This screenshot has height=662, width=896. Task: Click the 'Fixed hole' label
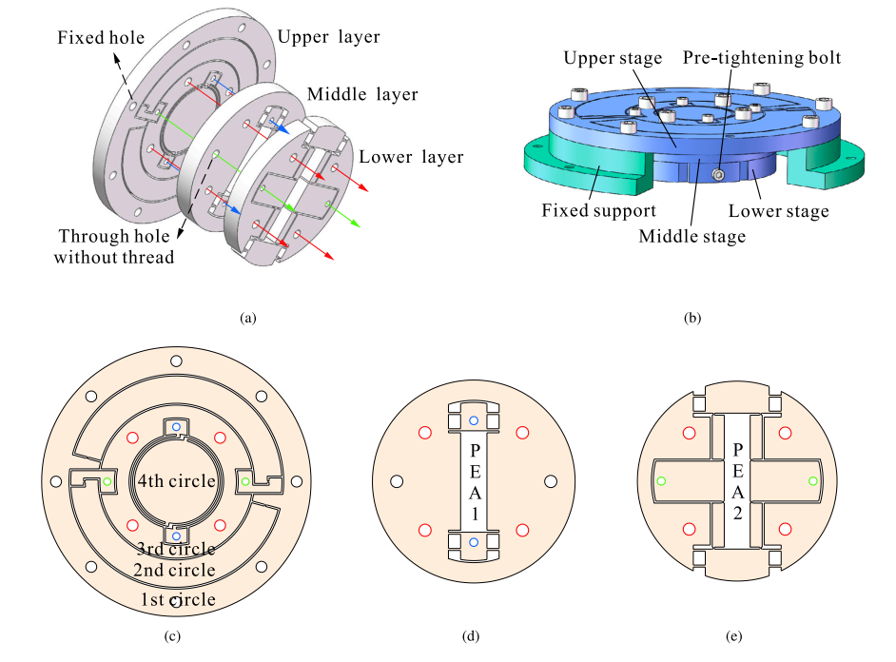[101, 38]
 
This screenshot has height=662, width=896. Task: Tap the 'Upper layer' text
[328, 37]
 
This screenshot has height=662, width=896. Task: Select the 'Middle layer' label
[361, 95]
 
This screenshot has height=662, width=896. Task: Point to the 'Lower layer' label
[411, 157]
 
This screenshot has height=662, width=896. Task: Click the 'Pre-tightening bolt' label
[762, 57]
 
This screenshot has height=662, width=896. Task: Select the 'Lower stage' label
[778, 211]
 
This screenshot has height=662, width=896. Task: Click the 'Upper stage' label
[613, 58]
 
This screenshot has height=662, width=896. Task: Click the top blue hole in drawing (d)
[474, 420]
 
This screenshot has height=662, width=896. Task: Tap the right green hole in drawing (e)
[811, 481]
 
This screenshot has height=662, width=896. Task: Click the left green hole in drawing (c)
[107, 482]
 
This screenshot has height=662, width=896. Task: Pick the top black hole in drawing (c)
[176, 360]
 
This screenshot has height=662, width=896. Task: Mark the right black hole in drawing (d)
[550, 481]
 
